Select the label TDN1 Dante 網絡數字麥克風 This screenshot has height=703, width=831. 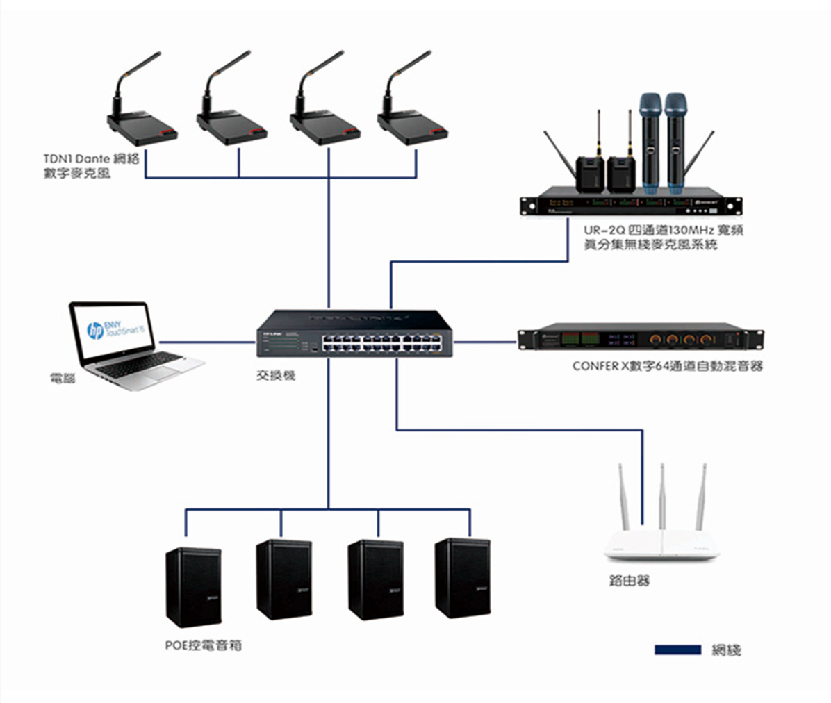(x=91, y=166)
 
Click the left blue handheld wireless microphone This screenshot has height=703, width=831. (x=650, y=142)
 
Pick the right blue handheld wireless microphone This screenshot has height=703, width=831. (x=675, y=142)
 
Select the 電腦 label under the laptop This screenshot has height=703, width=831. (x=63, y=379)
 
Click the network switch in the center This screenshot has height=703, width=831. (x=354, y=335)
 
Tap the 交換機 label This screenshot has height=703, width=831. (x=276, y=376)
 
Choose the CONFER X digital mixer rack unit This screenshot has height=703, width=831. (x=639, y=339)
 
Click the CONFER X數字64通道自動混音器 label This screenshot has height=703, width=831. (x=667, y=366)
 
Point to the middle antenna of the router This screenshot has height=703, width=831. (x=662, y=497)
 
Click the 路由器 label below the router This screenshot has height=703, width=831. (x=629, y=581)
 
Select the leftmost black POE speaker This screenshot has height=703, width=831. (x=193, y=585)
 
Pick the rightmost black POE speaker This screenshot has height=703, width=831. (x=462, y=578)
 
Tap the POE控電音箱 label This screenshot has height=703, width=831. (x=204, y=645)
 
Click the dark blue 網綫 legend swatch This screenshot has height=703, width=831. (x=677, y=650)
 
